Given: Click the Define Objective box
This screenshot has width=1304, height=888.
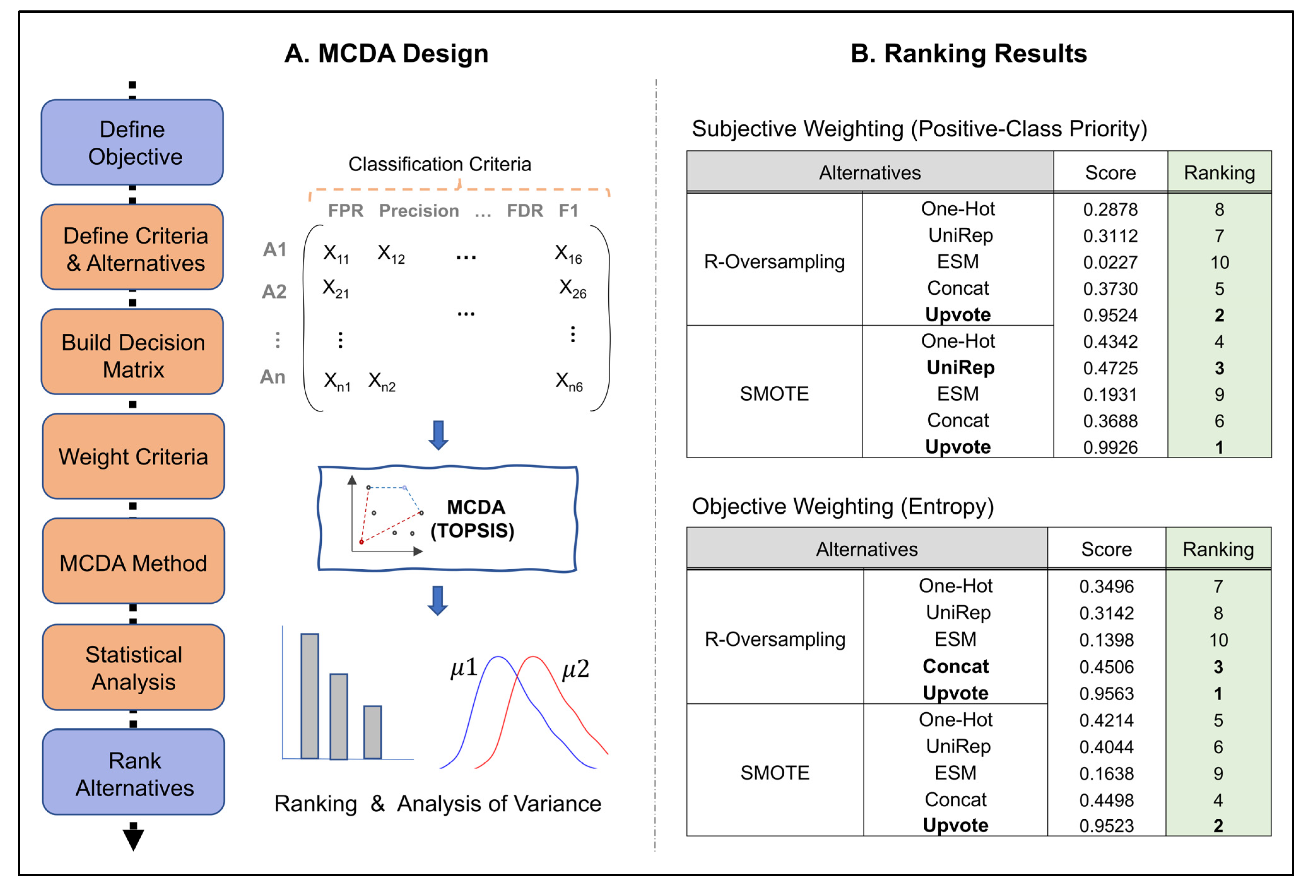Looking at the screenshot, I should pos(132,143).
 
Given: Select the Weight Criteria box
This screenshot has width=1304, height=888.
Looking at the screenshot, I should pos(133,456).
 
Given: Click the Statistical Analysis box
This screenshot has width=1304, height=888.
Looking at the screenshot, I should pos(133,668).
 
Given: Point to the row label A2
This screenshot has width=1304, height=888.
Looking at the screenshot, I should pos(274,291).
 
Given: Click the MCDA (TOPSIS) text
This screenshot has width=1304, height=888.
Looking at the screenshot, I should pos(473,519).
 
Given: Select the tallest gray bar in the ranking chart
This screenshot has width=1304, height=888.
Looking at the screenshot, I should pos(310,696).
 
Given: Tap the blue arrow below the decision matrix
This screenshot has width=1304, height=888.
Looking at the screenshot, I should pos(438,435).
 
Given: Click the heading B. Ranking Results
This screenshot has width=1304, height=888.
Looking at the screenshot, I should pos(968,54).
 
